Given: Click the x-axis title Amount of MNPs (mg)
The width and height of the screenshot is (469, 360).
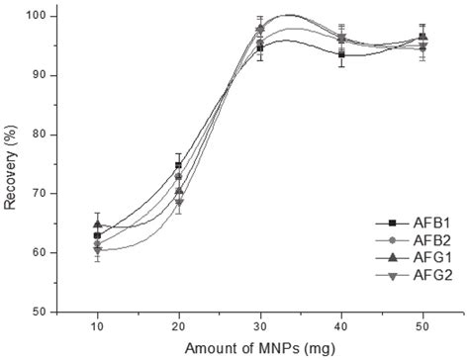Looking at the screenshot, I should pyautogui.click(x=257, y=348).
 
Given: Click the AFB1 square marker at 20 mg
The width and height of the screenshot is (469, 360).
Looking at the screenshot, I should pyautogui.click(x=178, y=165).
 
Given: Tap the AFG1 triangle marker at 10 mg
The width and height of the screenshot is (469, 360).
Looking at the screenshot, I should pyautogui.click(x=97, y=224).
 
